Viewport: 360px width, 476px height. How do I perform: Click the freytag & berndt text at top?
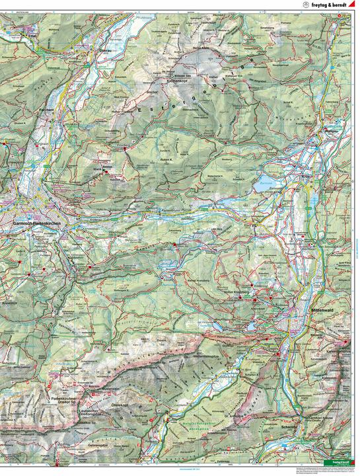330,5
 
